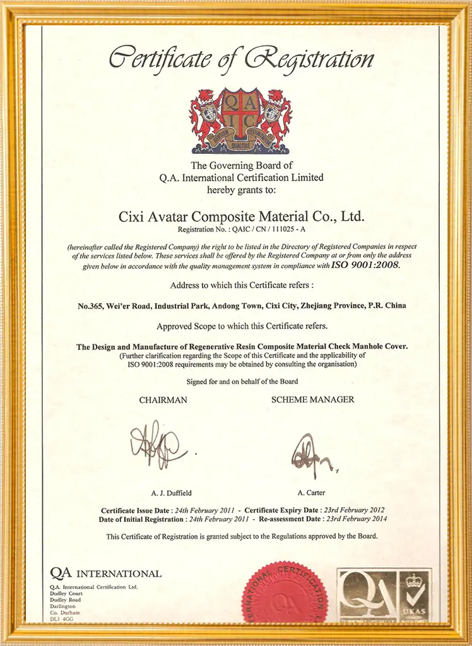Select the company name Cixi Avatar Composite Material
click(x=242, y=216)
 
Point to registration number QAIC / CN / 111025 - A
click(x=242, y=230)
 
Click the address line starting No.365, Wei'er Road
click(x=242, y=305)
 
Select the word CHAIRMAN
click(x=163, y=400)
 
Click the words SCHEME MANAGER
click(x=312, y=400)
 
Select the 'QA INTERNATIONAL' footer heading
click(x=106, y=573)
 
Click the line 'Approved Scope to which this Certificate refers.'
click(x=242, y=327)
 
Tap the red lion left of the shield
click(x=206, y=117)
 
